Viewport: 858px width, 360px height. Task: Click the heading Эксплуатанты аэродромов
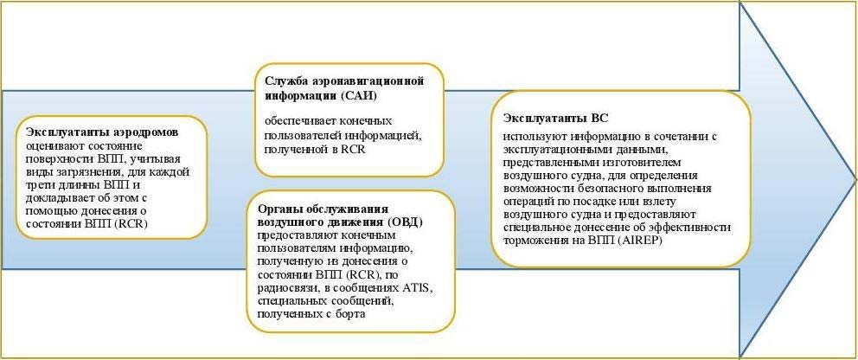(103, 134)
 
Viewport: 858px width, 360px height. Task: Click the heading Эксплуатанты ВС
(555, 119)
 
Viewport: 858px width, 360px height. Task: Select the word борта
(347, 315)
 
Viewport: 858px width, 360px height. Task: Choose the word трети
(38, 184)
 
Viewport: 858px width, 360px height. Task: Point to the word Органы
(276, 209)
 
